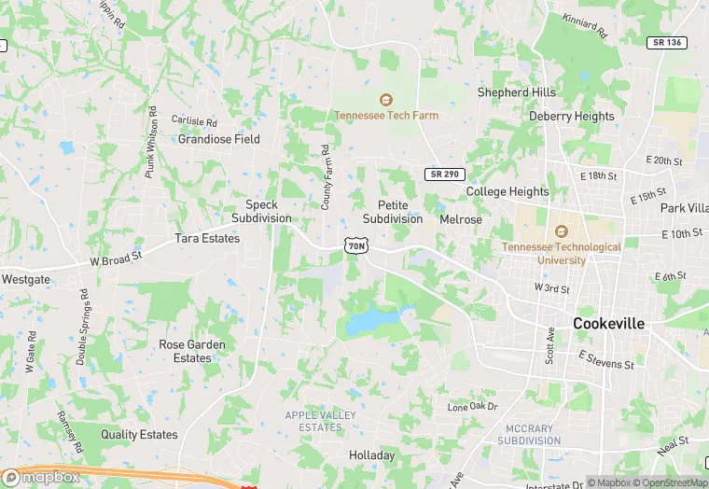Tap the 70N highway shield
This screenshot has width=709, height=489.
coord(355,244)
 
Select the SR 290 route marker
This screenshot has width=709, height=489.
coord(445,175)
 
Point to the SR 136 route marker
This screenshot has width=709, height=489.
coord(666,43)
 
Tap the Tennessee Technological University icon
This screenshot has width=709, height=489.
coord(561,231)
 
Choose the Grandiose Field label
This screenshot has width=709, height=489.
coord(219,139)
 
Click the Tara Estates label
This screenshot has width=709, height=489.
coord(207,238)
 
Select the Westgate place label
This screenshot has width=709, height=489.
coord(26,279)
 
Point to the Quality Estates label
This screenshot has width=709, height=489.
coord(139,434)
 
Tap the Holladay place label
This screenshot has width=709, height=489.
coord(372,455)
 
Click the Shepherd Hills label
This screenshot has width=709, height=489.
coord(516,92)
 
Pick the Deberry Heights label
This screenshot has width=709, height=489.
coord(572,117)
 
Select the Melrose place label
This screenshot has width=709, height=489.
coord(461,219)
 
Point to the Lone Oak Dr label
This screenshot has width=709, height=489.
coord(473,407)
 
